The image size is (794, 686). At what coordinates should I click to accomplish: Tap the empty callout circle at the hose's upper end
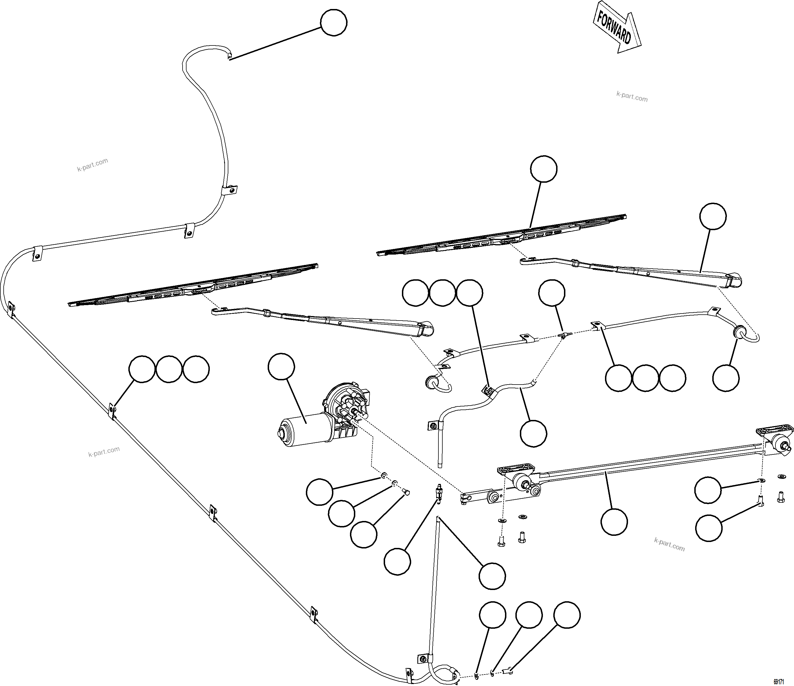coord(333,23)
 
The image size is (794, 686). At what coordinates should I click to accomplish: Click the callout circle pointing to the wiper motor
coord(281,367)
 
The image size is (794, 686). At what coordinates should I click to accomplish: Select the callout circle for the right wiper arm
coord(713,216)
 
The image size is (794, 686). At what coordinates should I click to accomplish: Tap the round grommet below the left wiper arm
coord(432,382)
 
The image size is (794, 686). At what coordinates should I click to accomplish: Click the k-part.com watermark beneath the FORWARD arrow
coord(632,97)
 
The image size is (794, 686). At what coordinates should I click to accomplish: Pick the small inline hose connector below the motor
coord(438,491)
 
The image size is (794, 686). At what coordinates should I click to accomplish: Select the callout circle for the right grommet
coord(726,378)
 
